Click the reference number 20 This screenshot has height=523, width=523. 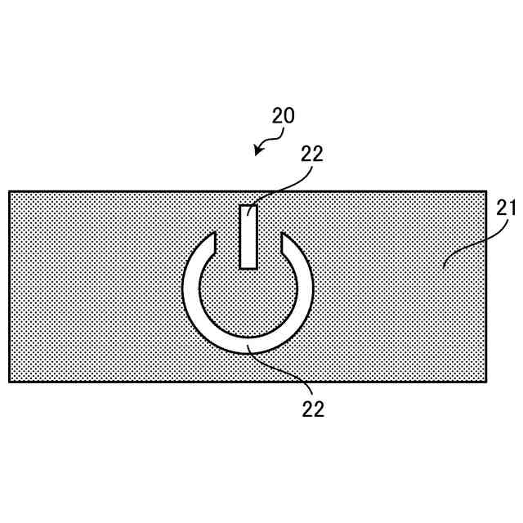click(283, 115)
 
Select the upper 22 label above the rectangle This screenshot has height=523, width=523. click(312, 154)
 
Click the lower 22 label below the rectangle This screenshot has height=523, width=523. click(313, 409)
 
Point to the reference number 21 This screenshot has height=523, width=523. click(507, 207)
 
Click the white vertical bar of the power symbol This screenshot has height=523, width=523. click(248, 237)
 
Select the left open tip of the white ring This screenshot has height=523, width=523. click(212, 240)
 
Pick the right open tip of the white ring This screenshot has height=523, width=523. click(285, 240)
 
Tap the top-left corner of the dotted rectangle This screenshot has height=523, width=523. click(10, 192)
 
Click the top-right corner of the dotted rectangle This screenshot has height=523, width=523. click(486, 192)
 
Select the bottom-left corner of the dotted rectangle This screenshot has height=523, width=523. click(10, 382)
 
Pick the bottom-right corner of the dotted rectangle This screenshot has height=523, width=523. click(486, 382)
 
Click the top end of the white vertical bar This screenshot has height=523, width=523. click(248, 207)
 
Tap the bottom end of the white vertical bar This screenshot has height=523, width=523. click(248, 266)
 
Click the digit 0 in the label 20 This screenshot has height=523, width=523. click(289, 115)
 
